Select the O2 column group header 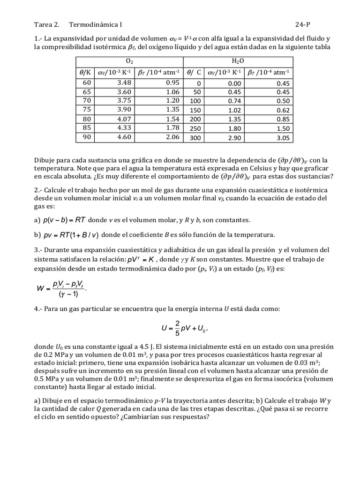pyautogui.click(x=129, y=61)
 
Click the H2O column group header pyautogui.click(x=238, y=61)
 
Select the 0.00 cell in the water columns pyautogui.click(x=234, y=83)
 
